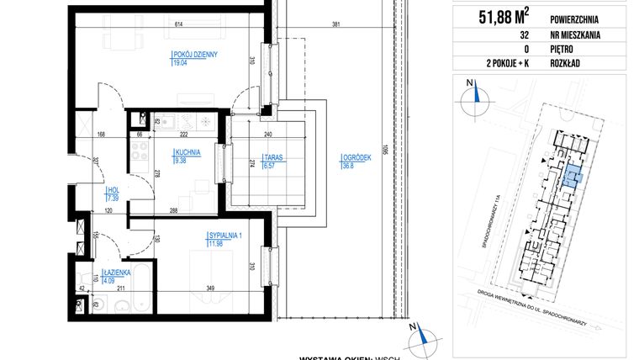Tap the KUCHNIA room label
point(186,153)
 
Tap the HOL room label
point(113,190)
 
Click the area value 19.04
point(180,63)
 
